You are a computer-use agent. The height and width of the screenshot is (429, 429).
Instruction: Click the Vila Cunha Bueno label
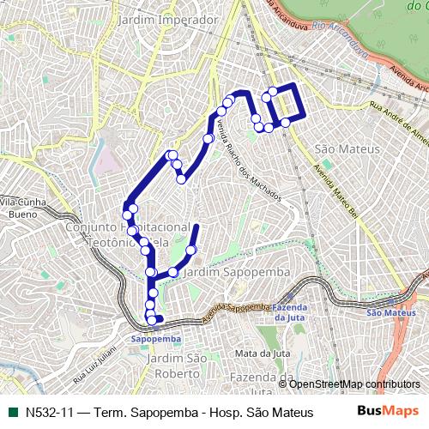(23, 207)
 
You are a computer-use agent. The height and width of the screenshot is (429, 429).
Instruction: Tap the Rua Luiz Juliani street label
(94, 364)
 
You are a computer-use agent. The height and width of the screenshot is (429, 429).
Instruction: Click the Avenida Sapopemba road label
(237, 307)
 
